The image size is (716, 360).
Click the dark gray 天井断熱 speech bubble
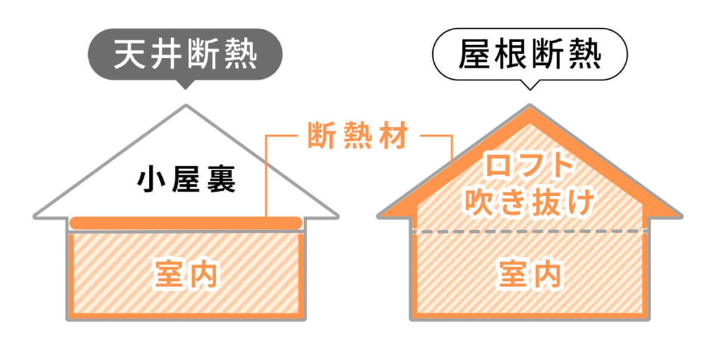pyautogui.click(x=185, y=55)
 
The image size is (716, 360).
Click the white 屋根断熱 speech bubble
pyautogui.click(x=530, y=55)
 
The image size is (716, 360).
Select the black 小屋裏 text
pyautogui.click(x=187, y=180)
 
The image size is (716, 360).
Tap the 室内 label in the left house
pyautogui.click(x=186, y=274)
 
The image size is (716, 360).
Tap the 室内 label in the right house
pyautogui.click(x=530, y=274)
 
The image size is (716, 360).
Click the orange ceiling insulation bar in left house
pyautogui.click(x=186, y=223)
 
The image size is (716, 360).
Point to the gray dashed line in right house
pyautogui.click(x=530, y=231)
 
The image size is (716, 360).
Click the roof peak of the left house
pyautogui.click(x=186, y=106)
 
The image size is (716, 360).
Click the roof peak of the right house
pyautogui.click(x=530, y=106)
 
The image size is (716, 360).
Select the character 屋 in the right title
pyautogui.click(x=473, y=55)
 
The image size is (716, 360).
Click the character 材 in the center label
pyautogui.click(x=393, y=136)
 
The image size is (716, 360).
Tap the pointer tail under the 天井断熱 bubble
pyautogui.click(x=185, y=85)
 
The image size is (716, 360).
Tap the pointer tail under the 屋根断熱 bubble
pyautogui.click(x=530, y=85)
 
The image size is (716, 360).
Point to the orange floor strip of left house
pyautogui.click(x=186, y=315)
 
